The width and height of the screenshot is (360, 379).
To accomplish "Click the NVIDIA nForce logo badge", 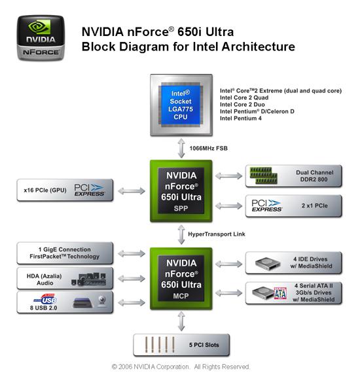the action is [x=41, y=38].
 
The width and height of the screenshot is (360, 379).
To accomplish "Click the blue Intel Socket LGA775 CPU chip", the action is [x=181, y=105].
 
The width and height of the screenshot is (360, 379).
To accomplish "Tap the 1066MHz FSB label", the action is [x=208, y=148].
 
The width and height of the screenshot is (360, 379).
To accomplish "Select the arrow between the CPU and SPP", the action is [x=181, y=148].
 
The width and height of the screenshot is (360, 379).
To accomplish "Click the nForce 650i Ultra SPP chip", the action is [x=181, y=190].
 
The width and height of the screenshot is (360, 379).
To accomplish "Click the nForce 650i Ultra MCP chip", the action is [x=181, y=278].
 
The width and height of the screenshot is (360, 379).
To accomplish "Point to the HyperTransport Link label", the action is [x=217, y=234].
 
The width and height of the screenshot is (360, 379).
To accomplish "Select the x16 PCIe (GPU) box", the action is [x=65, y=190].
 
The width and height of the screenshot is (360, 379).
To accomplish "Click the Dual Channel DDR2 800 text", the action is [x=314, y=175].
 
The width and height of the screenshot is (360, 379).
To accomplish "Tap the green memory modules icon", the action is [x=263, y=175].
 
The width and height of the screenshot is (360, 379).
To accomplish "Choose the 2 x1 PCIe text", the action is [x=315, y=206].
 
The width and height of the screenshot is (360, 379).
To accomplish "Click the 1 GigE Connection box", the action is [x=65, y=253].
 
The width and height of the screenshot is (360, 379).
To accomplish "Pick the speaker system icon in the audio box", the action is [x=89, y=279].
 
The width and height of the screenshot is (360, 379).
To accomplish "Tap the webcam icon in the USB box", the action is [x=102, y=301].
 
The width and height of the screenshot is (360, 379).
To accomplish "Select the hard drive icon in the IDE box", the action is [x=268, y=263].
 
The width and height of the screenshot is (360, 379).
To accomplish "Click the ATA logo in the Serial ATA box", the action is [x=280, y=293].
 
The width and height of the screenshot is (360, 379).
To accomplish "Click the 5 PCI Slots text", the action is [x=204, y=345].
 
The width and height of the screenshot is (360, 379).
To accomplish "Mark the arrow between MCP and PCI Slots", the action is [x=181, y=321].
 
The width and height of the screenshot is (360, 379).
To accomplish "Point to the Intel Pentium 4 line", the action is [x=241, y=118].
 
